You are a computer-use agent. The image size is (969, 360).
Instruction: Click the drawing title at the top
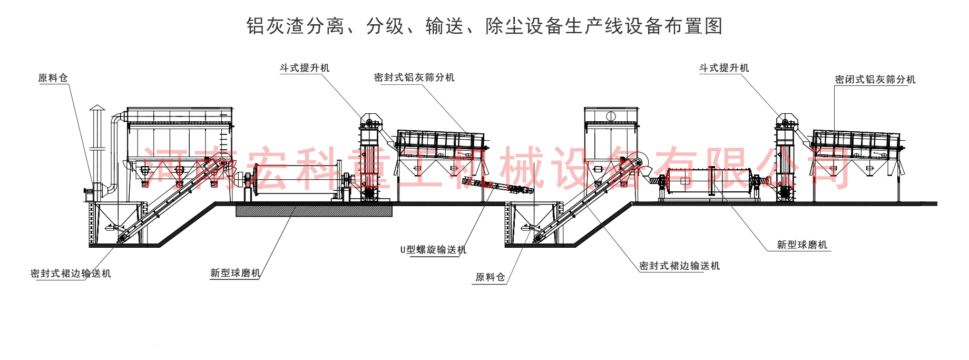point(484,26)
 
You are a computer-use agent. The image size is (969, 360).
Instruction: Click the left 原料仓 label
point(53,78)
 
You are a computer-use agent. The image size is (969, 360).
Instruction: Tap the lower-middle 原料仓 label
point(490,277)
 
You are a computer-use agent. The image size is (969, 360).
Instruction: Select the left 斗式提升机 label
point(305,68)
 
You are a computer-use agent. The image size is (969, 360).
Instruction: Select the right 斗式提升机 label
point(723,68)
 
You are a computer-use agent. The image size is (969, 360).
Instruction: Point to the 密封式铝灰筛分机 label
point(414,77)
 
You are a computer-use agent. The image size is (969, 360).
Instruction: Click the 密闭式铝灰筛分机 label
point(875,80)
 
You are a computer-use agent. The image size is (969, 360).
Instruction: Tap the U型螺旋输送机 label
point(433,249)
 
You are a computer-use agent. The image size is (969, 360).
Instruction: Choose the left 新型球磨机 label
point(235,273)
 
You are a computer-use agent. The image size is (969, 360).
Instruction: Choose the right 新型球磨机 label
point(802,245)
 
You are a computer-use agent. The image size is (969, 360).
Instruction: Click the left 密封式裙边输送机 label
point(71,273)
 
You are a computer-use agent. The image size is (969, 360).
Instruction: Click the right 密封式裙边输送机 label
point(679,266)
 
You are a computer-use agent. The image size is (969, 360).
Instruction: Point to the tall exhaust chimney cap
point(97,108)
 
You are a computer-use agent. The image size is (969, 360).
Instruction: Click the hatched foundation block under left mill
point(314,211)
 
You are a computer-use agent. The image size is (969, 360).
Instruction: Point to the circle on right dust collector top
point(611,116)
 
